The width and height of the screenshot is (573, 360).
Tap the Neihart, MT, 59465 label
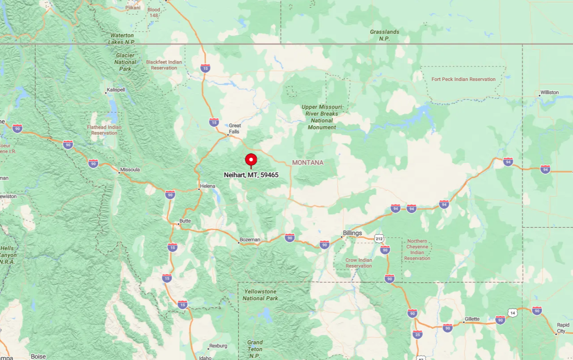click(x=251, y=175)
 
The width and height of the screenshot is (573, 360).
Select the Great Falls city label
click(x=234, y=129)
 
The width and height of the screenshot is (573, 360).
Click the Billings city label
click(x=352, y=233)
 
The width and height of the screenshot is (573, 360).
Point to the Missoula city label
click(x=129, y=169)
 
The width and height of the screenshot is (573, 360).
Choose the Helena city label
click(x=207, y=186)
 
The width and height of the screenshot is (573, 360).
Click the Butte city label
click(x=185, y=221)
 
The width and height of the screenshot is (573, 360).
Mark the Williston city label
click(x=550, y=92)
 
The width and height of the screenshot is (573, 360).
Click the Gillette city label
click(x=472, y=319)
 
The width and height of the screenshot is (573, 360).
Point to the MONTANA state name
click(x=307, y=163)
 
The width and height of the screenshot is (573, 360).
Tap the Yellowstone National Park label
click(x=261, y=295)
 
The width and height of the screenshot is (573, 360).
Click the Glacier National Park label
click(x=126, y=62)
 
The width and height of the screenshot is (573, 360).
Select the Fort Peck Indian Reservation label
click(x=463, y=79)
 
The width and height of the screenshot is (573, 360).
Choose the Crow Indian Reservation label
click(x=359, y=263)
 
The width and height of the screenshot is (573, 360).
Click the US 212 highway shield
click(x=379, y=239)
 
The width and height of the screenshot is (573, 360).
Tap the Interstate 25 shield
click(x=417, y=334)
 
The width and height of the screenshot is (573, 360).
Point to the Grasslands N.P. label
click(x=384, y=35)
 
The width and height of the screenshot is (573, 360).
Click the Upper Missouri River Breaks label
click(x=322, y=117)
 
